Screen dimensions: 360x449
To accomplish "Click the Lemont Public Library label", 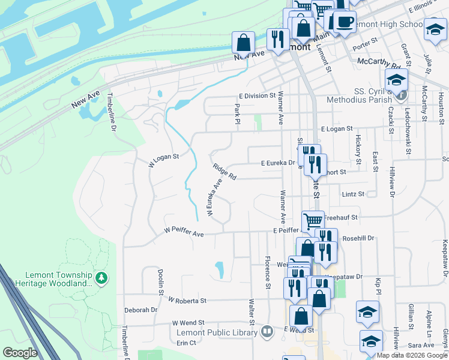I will point(220,333).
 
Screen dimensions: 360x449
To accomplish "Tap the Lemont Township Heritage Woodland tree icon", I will point(103,277).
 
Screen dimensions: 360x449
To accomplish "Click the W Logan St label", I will point(164,160).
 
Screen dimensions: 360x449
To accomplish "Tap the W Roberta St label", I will point(187,300).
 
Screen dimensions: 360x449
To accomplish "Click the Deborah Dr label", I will point(140,310).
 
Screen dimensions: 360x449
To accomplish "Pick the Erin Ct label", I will point(186,343).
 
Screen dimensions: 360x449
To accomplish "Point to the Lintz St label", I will point(353,194).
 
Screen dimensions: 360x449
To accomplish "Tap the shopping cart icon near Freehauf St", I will point(313,221).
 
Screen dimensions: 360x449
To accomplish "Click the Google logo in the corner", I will point(20,353).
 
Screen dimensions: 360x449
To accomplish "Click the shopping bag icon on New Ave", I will point(243,42).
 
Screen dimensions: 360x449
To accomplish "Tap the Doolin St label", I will point(161,281).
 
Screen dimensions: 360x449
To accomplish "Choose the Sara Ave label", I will point(421,345).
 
